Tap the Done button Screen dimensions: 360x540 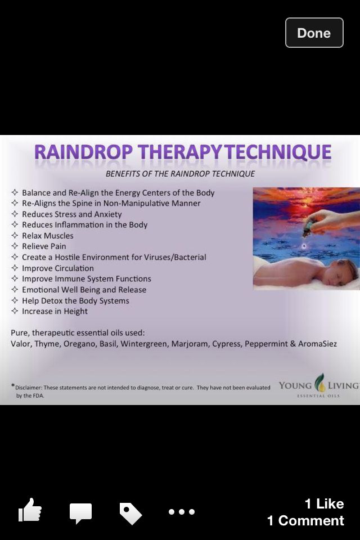click(314, 33)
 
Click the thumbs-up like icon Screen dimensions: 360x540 click(30, 510)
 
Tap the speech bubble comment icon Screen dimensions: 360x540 click(80, 512)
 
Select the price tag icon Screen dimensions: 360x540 click(130, 514)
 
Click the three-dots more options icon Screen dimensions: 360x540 click(182, 512)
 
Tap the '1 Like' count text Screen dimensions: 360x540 click(324, 504)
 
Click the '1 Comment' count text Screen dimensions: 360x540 click(305, 520)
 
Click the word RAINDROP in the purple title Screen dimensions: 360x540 click(83, 152)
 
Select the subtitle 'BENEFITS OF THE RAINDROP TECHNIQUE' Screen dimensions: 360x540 click(180, 174)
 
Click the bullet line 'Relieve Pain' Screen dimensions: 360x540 click(44, 246)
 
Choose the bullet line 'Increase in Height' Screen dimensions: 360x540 click(55, 311)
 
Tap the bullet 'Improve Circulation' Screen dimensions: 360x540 click(58, 268)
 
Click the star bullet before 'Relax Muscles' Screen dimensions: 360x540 click(15, 236)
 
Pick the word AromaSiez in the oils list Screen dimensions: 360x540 click(317, 344)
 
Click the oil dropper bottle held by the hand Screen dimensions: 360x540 click(307, 229)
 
